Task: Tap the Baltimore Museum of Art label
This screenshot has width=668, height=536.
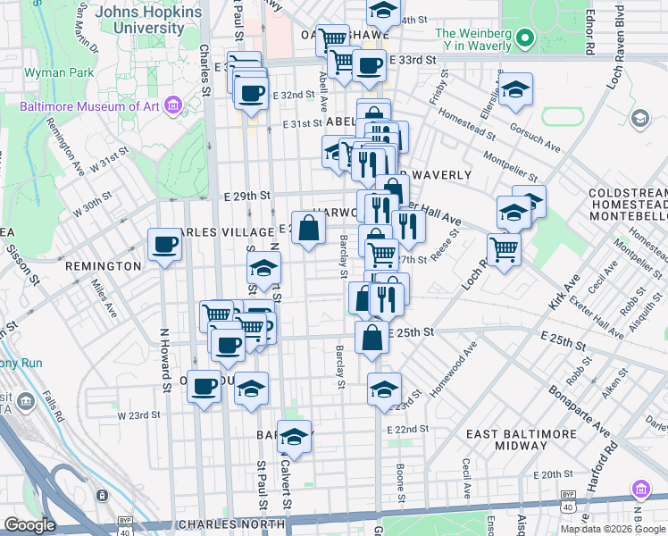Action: [x=89, y=106]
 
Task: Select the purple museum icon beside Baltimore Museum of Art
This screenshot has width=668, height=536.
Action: [x=173, y=106]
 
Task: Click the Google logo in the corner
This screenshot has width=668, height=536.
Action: [x=29, y=525]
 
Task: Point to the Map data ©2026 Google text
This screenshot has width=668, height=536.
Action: [x=614, y=529]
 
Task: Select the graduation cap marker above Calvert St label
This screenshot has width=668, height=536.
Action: [x=294, y=437]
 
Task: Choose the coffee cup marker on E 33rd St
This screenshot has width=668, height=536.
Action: [x=368, y=65]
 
